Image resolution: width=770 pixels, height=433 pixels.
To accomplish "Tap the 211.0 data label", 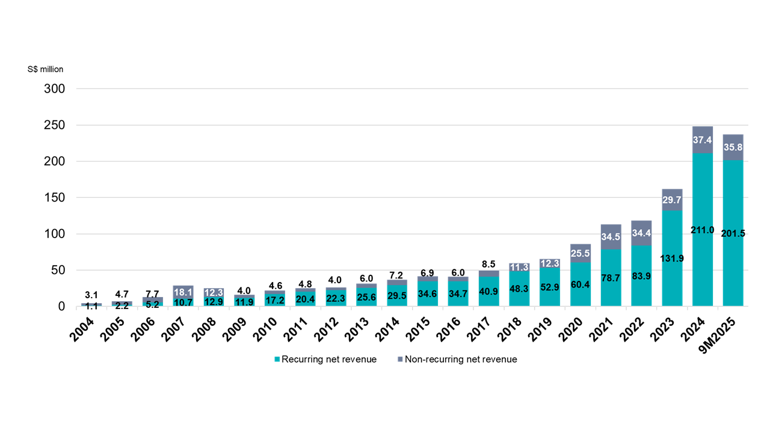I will pos(703,230).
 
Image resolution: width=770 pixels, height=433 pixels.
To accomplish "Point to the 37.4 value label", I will pos(703,140).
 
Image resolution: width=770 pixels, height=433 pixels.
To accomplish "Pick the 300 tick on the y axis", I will pos(54,89).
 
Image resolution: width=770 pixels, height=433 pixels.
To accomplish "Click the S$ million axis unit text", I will pos(45,69).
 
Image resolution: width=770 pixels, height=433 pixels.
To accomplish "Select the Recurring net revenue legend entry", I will pos(325,360).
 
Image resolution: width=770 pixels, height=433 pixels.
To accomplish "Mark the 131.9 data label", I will pos(672,259).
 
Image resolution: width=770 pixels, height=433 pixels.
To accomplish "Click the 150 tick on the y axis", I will pos(54,198).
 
